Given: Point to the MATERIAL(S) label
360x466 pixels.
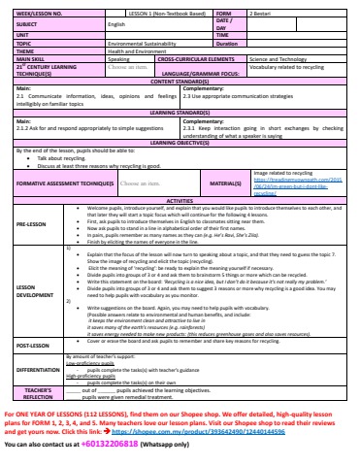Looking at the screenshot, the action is point(224,183).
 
